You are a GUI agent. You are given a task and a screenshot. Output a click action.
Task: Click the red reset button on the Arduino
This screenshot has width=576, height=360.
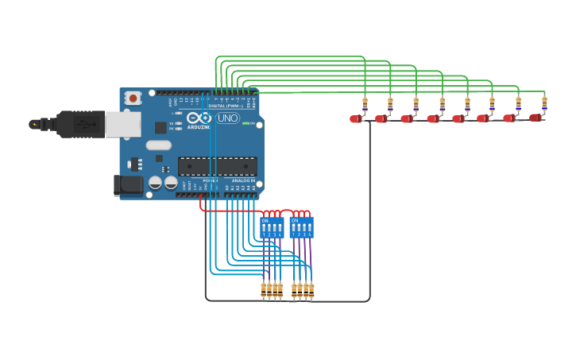point(133,98)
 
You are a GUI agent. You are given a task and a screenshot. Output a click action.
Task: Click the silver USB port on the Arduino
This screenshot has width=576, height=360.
point(123,124)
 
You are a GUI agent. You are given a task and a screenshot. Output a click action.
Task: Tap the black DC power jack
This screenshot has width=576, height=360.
point(127,185)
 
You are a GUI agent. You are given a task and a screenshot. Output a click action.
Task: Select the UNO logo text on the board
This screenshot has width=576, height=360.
point(227,118)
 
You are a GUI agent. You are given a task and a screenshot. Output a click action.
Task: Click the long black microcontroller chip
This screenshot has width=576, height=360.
point(217,166)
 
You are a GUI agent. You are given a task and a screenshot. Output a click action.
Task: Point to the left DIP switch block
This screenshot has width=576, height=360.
point(271,227)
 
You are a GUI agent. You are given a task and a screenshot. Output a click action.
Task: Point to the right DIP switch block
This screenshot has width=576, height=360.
point(302,227)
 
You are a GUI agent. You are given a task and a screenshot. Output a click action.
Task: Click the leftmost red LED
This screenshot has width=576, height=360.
point(355,119)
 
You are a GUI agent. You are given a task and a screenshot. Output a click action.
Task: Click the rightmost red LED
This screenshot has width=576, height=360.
point(535,118)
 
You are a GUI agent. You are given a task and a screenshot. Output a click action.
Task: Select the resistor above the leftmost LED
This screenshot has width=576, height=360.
point(365,103)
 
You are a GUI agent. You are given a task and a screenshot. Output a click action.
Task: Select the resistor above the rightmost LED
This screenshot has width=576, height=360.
point(544,103)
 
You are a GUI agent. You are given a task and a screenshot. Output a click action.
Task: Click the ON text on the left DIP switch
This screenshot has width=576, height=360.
point(265,220)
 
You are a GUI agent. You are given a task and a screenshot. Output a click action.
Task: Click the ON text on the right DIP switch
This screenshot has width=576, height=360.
point(295,220)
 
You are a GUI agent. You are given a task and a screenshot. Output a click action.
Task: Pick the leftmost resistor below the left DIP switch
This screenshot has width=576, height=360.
point(263,291)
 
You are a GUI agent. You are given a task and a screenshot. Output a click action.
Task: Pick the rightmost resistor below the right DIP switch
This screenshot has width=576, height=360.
point(311,291)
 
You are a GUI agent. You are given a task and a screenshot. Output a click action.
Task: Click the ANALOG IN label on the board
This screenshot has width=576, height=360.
point(242,181)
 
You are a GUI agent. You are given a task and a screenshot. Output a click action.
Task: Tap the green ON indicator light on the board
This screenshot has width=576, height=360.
point(245,123)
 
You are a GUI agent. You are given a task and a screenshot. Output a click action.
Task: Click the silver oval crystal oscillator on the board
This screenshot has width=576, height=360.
point(158,145)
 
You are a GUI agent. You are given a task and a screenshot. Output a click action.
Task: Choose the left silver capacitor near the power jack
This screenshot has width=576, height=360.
point(156,182)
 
